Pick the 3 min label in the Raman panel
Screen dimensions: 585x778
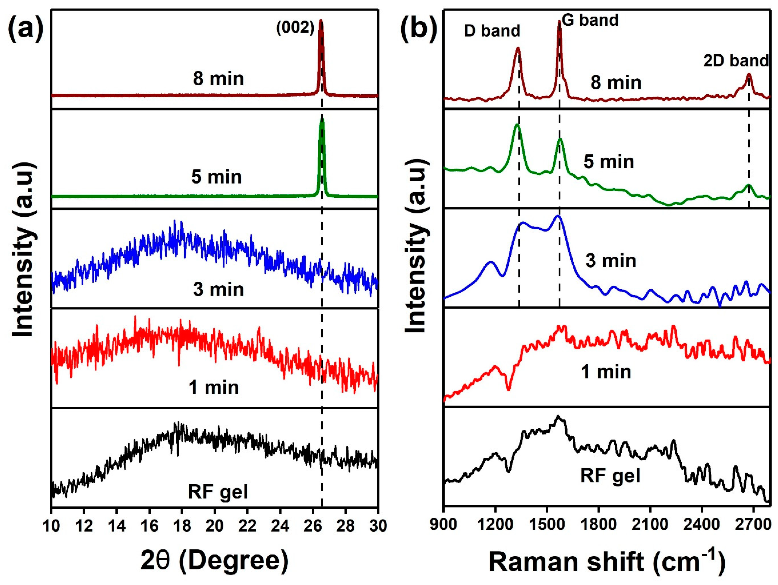611,261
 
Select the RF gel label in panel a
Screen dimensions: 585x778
218,491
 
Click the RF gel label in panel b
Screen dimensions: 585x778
610,475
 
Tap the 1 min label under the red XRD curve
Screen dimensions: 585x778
214,387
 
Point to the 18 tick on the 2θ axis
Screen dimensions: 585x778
182,526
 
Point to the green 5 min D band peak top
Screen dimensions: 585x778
517,125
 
